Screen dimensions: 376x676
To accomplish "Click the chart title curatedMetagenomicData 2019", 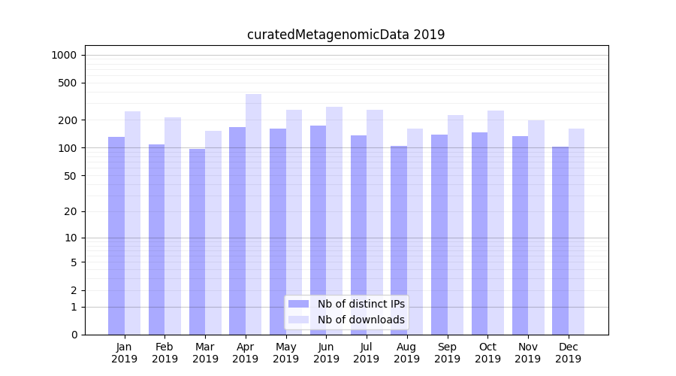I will pos(346,35).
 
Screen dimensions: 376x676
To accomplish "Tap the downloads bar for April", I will pos(254,214).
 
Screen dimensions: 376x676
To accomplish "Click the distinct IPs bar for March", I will pos(197,241).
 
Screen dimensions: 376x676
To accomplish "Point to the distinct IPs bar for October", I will pos(479,233).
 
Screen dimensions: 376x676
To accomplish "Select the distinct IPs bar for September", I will pos(439,235).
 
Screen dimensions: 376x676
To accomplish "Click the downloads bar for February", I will pos(173,226).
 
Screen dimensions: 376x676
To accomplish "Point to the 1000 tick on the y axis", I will pos(64,55).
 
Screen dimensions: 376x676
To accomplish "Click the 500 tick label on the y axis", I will pos(67,83).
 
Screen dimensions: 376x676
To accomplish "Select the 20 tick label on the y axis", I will pos(70,211).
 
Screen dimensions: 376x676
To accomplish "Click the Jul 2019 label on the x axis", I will pos(367,353).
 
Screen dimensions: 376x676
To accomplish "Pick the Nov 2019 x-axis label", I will pos(528,353).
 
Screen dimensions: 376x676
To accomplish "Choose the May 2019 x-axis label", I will pos(286,353).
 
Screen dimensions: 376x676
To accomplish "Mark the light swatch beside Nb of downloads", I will pos(299,320).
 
